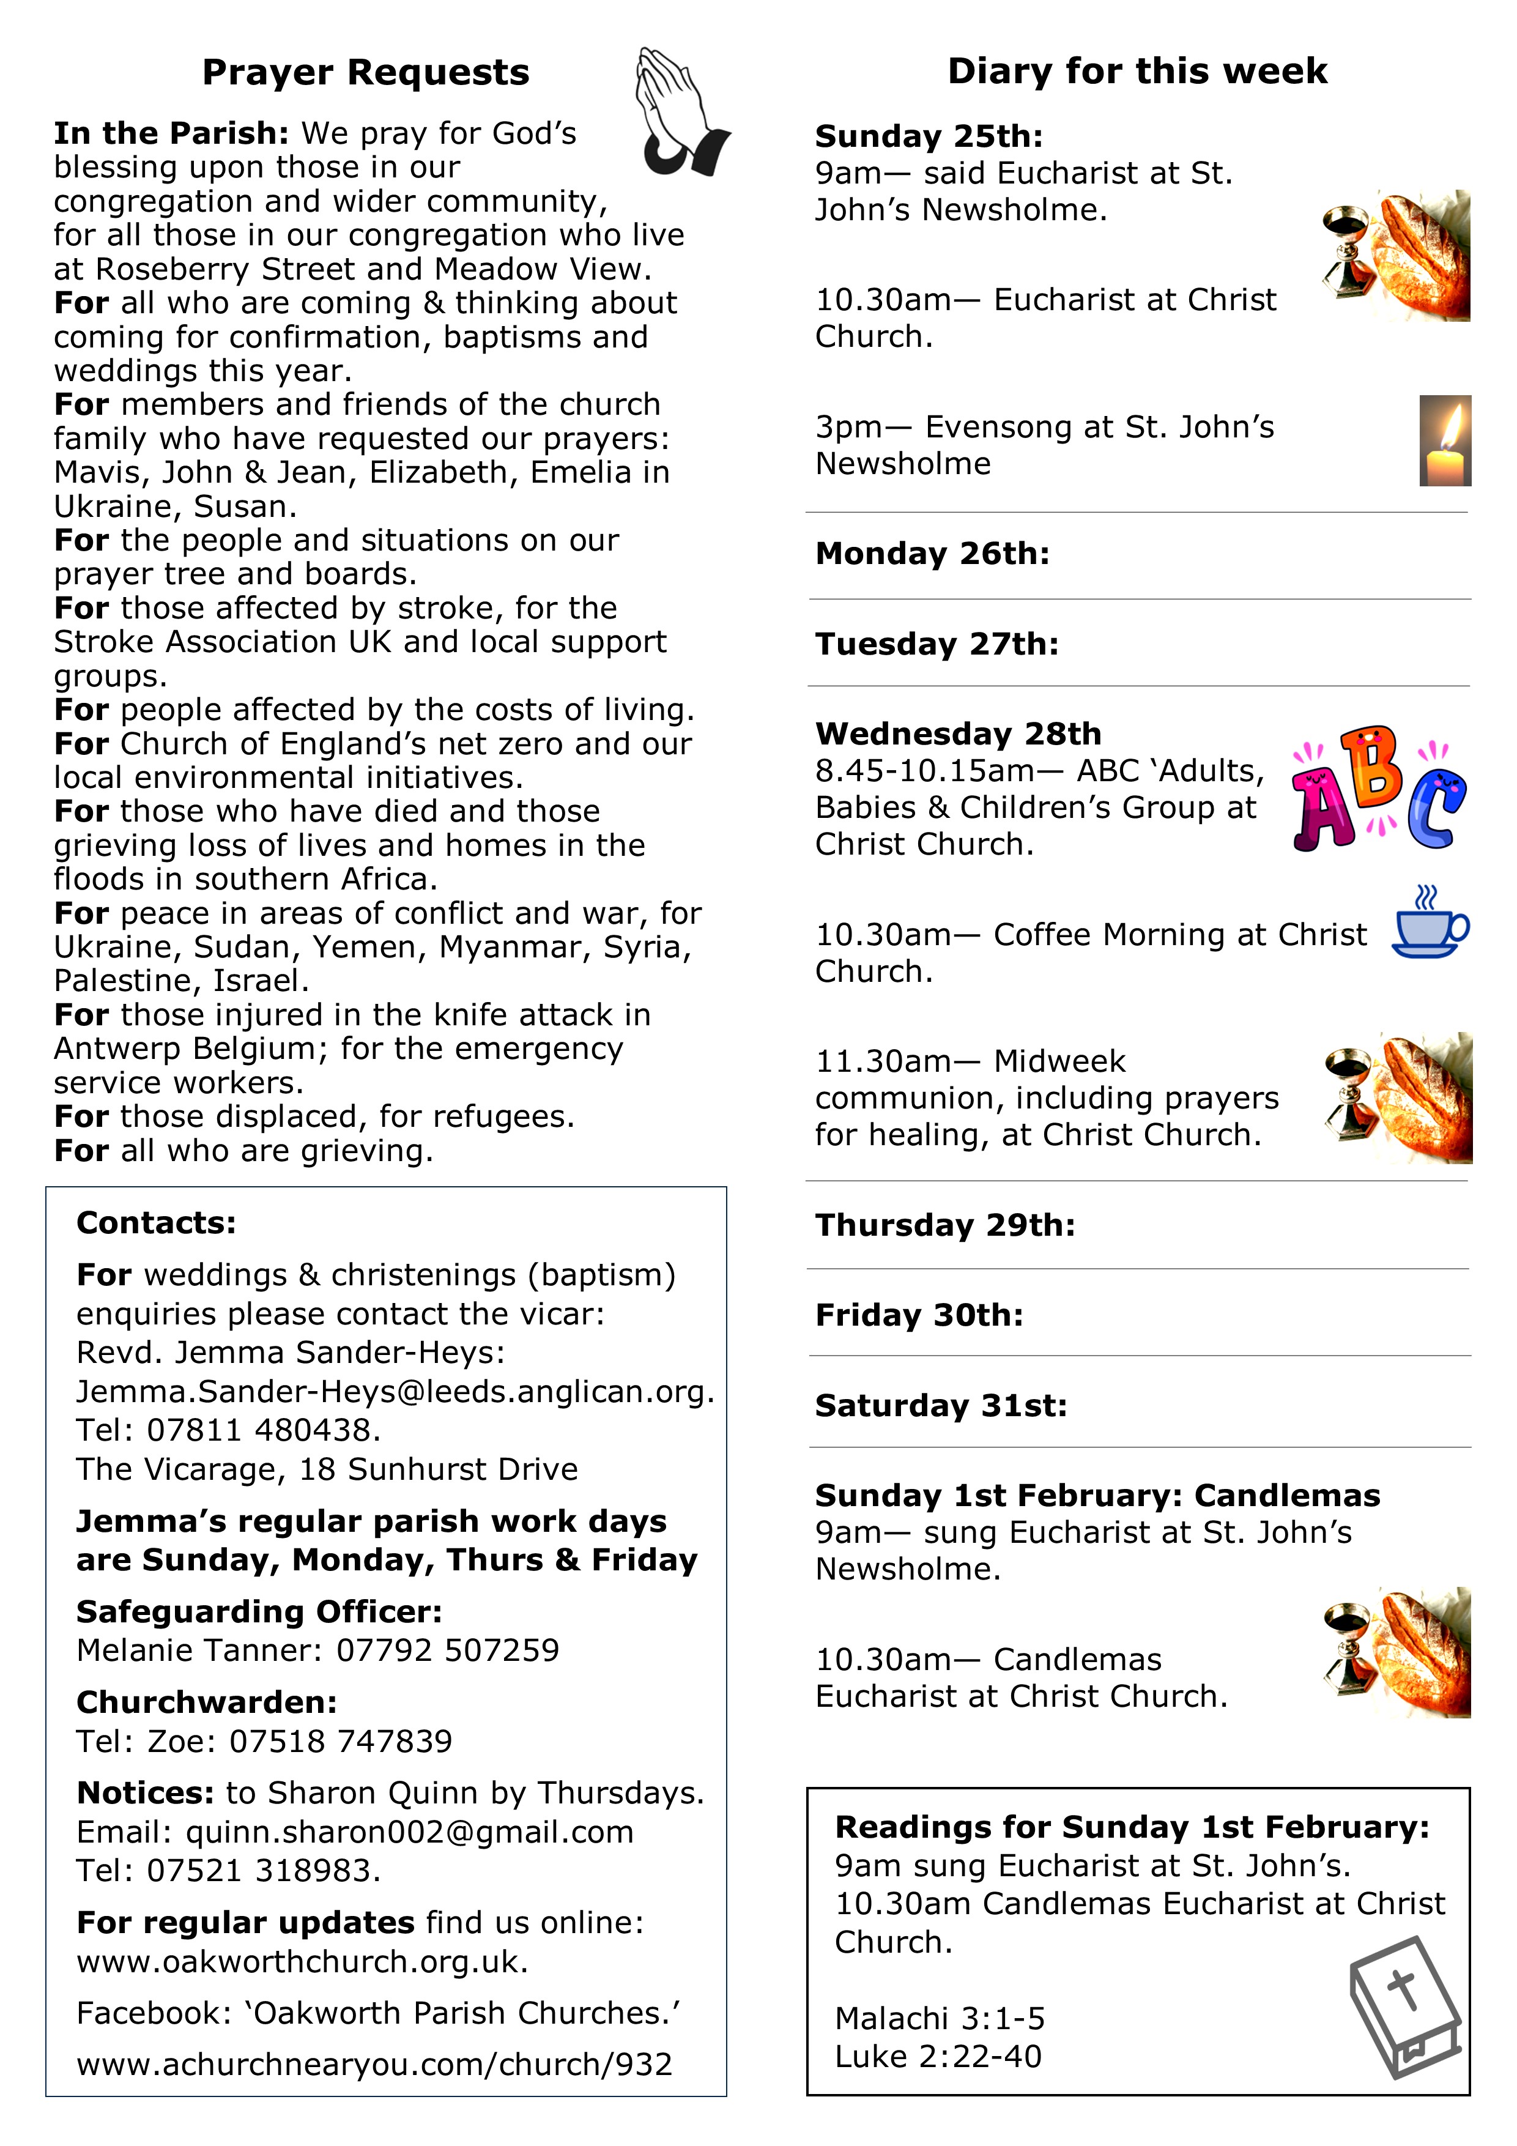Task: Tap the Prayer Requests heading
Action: [365, 73]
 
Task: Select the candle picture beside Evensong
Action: [1444, 441]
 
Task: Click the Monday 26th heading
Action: [932, 554]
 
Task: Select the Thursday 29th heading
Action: [945, 1225]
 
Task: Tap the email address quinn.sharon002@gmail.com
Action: [409, 1832]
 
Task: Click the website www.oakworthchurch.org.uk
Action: [302, 1961]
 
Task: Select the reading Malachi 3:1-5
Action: [940, 2019]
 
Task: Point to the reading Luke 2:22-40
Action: [938, 2056]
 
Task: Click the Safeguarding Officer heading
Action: [259, 1611]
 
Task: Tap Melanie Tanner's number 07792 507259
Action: [448, 1650]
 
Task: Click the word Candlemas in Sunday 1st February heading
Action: [1286, 1496]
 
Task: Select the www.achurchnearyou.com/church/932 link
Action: [374, 2064]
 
